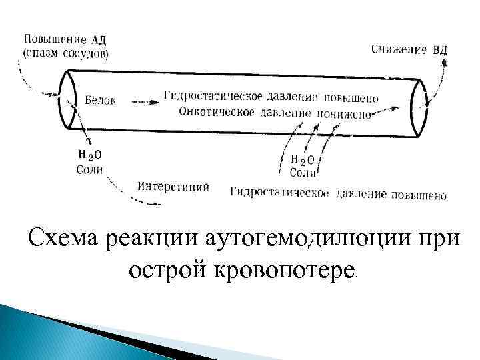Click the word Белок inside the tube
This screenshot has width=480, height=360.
click(x=101, y=101)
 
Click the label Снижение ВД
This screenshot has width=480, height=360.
click(x=409, y=49)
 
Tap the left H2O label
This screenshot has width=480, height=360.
click(x=89, y=155)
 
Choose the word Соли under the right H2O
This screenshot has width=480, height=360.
click(x=303, y=173)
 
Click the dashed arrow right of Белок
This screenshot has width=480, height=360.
click(x=142, y=101)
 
